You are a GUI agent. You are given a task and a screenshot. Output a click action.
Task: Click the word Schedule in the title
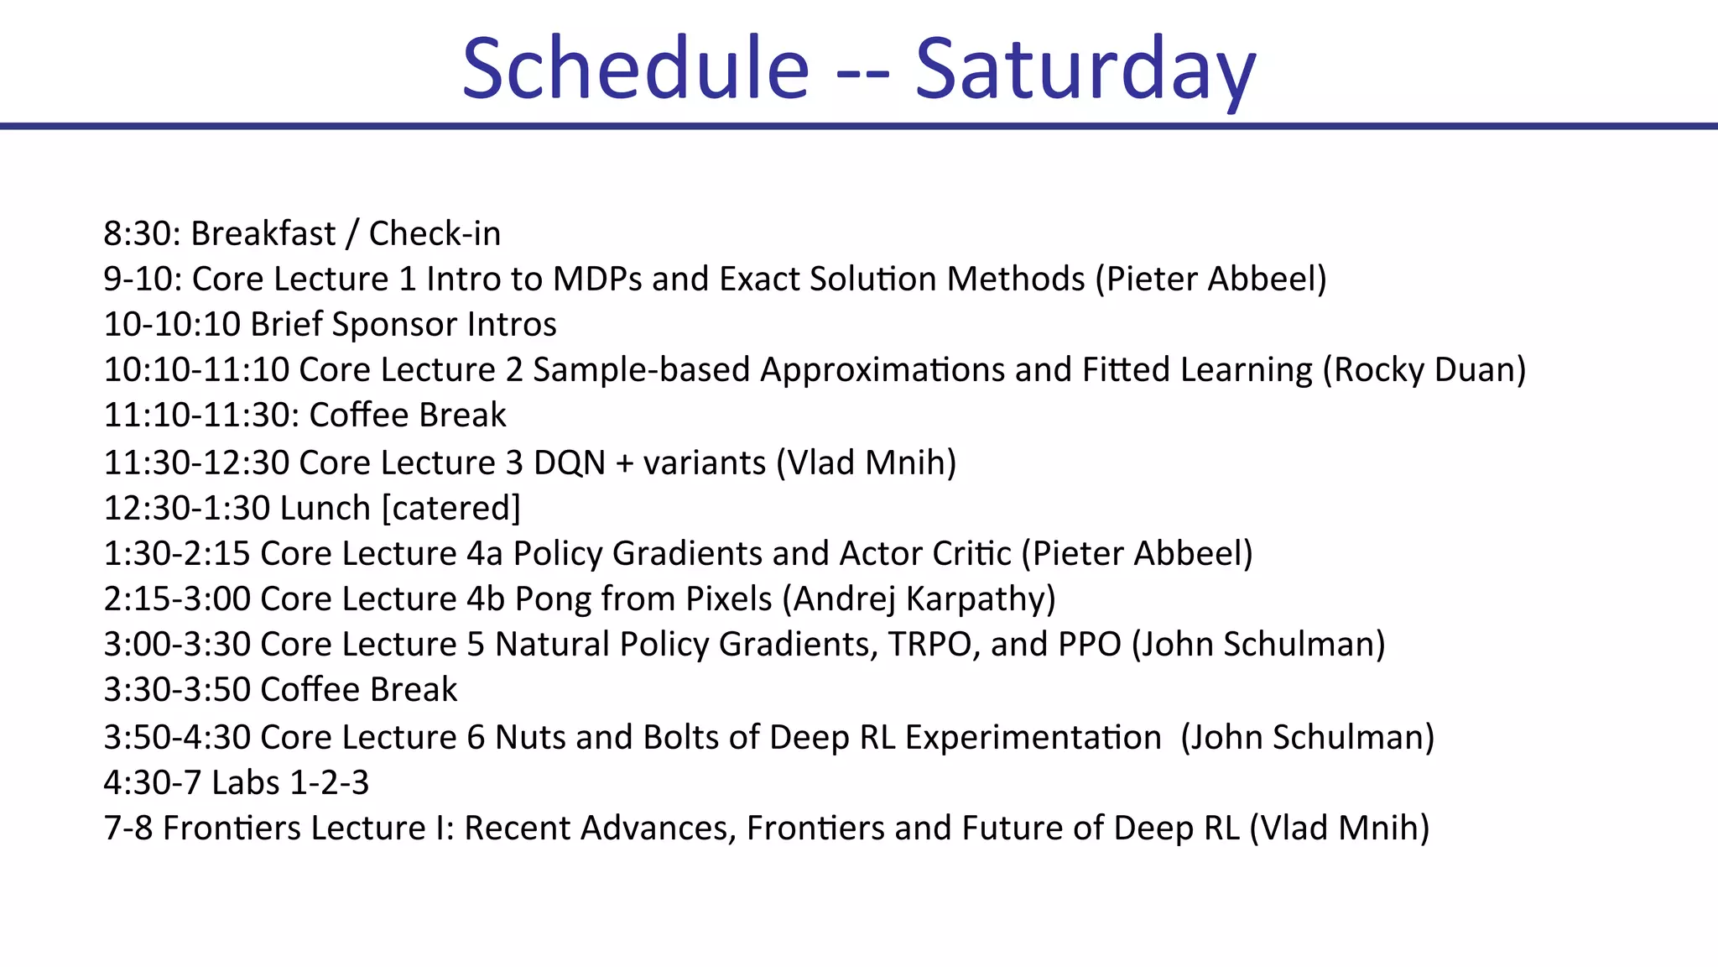pos(635,69)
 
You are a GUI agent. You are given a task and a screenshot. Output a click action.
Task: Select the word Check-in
pos(435,233)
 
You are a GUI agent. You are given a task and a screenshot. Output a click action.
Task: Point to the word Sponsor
pos(393,325)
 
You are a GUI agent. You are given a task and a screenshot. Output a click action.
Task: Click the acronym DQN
pos(569,463)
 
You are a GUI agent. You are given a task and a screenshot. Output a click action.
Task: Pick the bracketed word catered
pos(451,509)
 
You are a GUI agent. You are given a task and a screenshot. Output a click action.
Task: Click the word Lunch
pos(325,509)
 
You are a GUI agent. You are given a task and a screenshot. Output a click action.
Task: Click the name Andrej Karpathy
pos(919,599)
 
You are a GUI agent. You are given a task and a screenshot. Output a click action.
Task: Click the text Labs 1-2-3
pos(289,783)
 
